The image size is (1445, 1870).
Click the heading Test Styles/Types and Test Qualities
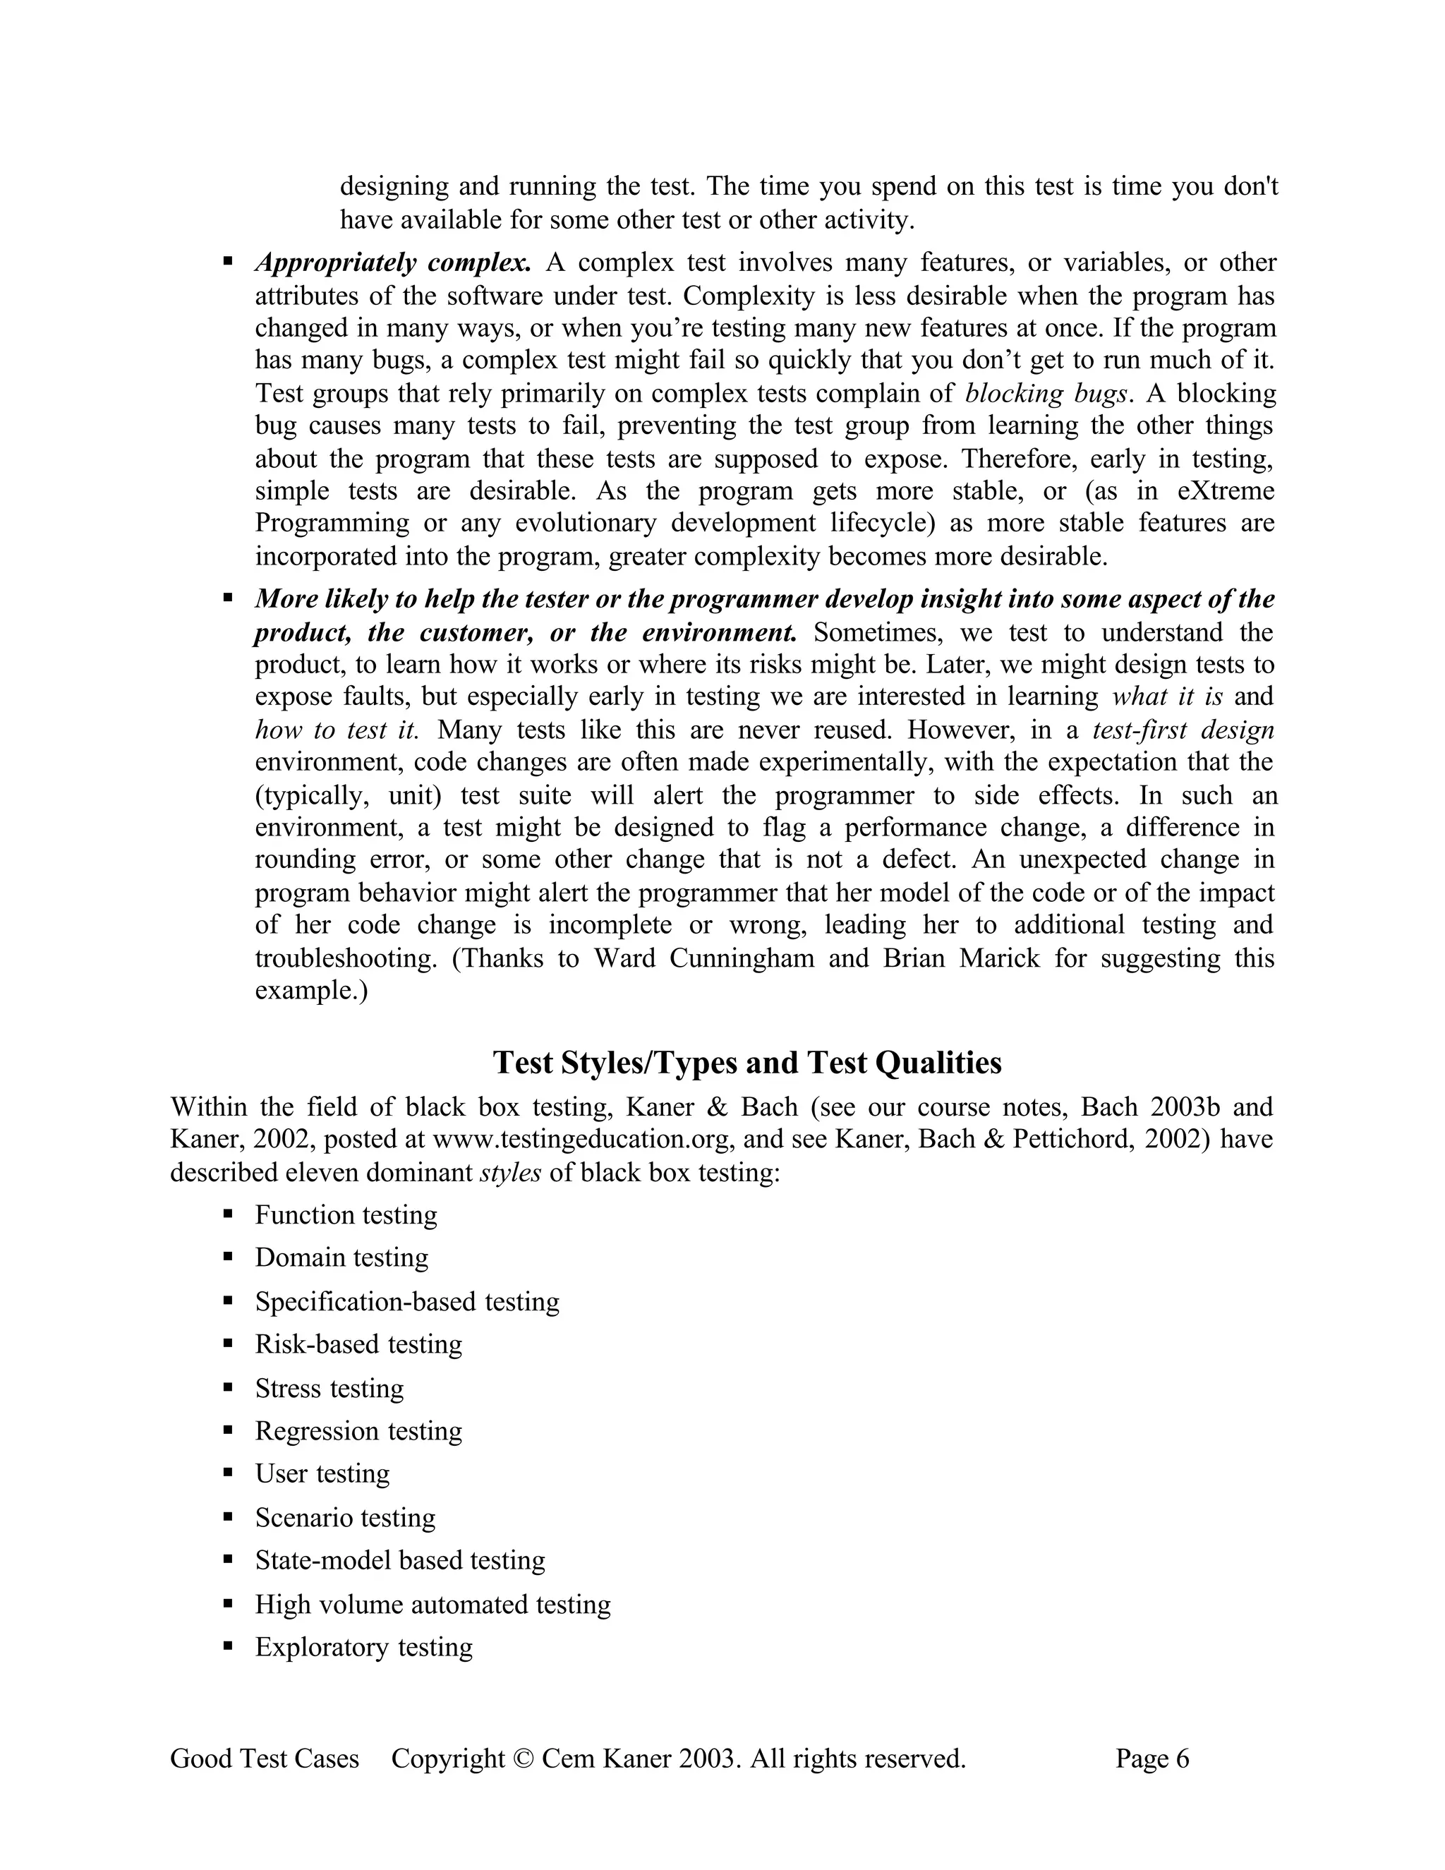[747, 1063]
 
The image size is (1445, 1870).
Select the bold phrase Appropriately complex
[393, 262]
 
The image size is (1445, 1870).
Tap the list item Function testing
[346, 1214]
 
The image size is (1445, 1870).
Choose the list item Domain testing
[341, 1257]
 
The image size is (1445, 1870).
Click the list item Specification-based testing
[406, 1301]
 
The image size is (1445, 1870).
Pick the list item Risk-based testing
[358, 1344]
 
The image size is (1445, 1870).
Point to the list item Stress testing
[329, 1387]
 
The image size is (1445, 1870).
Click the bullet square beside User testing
[228, 1473]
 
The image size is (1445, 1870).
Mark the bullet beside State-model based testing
[228, 1560]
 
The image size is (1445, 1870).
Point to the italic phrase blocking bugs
[1045, 393]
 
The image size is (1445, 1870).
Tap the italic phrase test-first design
[1183, 730]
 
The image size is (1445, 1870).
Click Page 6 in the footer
[1151, 1758]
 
